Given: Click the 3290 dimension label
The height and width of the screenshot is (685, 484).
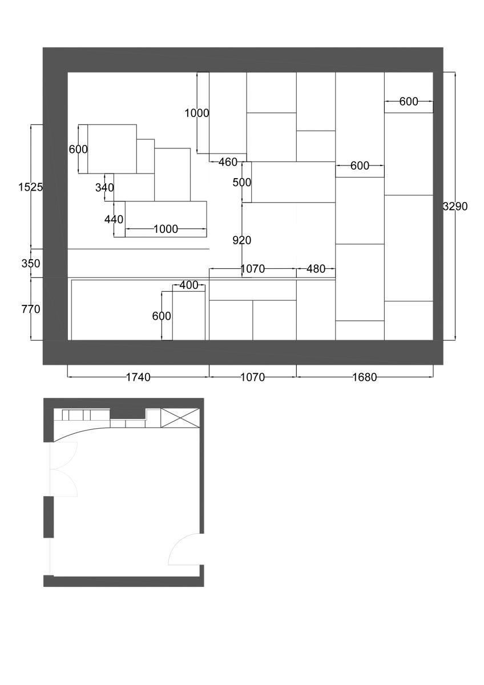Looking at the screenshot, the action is (455, 207).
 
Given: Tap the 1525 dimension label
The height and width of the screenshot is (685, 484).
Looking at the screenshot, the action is (31, 187).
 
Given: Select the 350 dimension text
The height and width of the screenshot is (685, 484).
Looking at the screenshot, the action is (31, 263).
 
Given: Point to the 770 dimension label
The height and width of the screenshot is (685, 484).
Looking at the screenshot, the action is (31, 309).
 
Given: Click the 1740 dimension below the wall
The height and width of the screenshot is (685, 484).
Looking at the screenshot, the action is (138, 377).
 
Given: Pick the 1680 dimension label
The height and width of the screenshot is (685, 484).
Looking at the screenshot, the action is (365, 377).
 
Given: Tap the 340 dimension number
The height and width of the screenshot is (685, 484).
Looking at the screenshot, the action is (104, 187).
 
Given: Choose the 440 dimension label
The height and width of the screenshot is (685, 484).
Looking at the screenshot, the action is (114, 219).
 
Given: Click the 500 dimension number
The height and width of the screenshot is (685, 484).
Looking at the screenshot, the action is (242, 182).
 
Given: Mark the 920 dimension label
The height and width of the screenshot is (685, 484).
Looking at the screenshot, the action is (242, 240).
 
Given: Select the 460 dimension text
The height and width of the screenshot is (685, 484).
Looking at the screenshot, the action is (228, 162).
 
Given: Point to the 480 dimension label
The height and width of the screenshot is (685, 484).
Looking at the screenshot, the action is (316, 269).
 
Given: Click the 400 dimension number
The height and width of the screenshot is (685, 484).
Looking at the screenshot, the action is (189, 285).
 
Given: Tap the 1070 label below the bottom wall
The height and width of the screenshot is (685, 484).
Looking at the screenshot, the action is (252, 377).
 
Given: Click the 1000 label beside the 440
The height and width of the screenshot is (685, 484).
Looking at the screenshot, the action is (166, 229).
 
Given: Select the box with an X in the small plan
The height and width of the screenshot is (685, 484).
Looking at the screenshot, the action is (180, 418).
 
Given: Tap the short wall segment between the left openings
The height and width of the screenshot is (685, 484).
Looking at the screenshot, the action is (49, 517).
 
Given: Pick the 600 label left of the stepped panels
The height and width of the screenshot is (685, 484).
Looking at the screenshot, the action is (78, 149).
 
